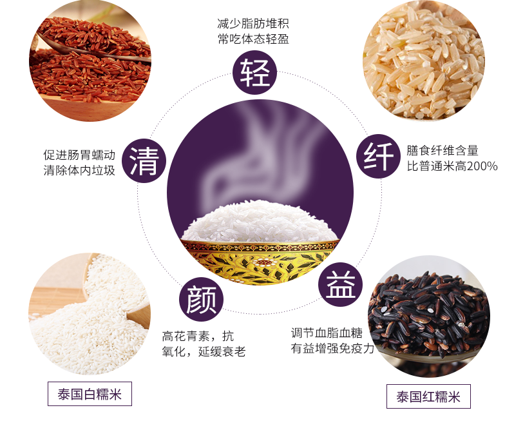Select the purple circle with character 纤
pyautogui.click(x=379, y=156)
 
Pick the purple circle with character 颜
pyautogui.click(x=201, y=300)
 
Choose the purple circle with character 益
pyautogui.click(x=340, y=284)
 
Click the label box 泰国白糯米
pyautogui.click(x=90, y=394)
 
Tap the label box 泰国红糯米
pyautogui.click(x=428, y=396)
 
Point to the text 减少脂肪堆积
pyautogui.click(x=252, y=23)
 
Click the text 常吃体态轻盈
pyautogui.click(x=252, y=39)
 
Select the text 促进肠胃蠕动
pyautogui.click(x=79, y=155)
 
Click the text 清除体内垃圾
pyautogui.click(x=79, y=170)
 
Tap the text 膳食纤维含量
pyautogui.click(x=443, y=151)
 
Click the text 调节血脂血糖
pyautogui.click(x=327, y=333)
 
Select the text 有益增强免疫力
pyautogui.click(x=332, y=348)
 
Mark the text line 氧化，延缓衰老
pyautogui.click(x=204, y=351)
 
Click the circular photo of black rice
pyautogui.click(x=429, y=317)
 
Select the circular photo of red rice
pyautogui.click(x=90, y=61)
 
